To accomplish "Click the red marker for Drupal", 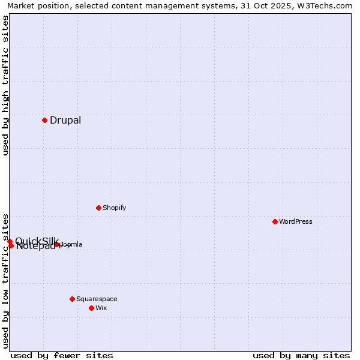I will tap(44, 120).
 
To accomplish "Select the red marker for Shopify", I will tap(98, 208).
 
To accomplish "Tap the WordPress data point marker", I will tap(275, 221).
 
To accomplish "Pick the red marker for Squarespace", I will tap(72, 299).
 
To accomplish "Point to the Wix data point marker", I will tap(91, 308).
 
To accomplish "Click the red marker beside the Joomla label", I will tap(57, 244).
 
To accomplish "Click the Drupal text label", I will tap(65, 120).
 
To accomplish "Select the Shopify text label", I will tap(114, 208).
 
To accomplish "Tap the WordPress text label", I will tap(295, 221).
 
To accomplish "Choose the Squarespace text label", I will tap(97, 299).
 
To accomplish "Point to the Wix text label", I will tap(101, 308).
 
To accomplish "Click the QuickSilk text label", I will tap(36, 241).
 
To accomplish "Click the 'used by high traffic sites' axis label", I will tap(5, 85).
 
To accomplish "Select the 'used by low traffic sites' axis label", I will tap(5, 280).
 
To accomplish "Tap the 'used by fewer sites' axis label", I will tap(62, 355).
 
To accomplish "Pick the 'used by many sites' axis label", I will tap(301, 355).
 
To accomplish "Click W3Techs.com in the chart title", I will tap(325, 6).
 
